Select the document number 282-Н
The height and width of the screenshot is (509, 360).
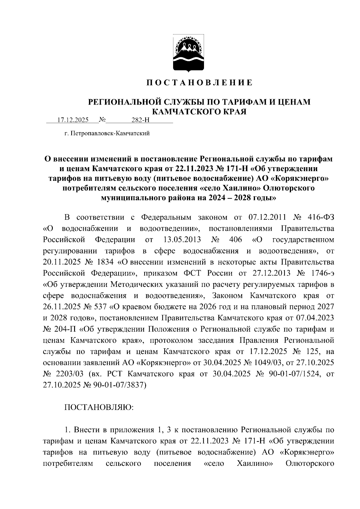[x=140, y=121]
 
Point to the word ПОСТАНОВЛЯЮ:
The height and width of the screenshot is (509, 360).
[x=99, y=407]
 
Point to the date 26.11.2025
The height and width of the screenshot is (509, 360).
[x=61, y=307]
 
